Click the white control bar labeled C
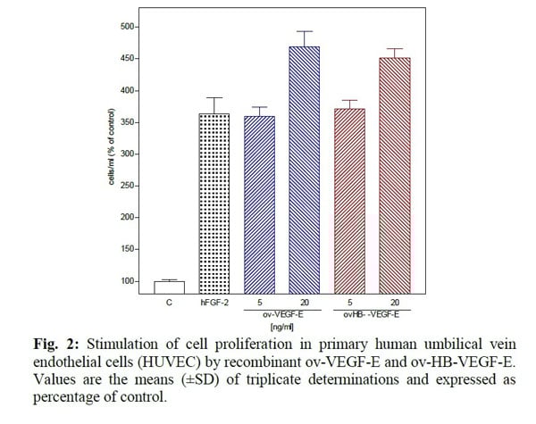pos(169,287)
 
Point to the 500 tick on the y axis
pos(128,27)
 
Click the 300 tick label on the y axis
pos(128,154)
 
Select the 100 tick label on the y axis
pos(128,281)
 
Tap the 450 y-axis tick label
pos(128,59)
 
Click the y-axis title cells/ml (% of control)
pos(109,154)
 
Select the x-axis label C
pos(169,302)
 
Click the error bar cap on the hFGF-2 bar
pos(215,98)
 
